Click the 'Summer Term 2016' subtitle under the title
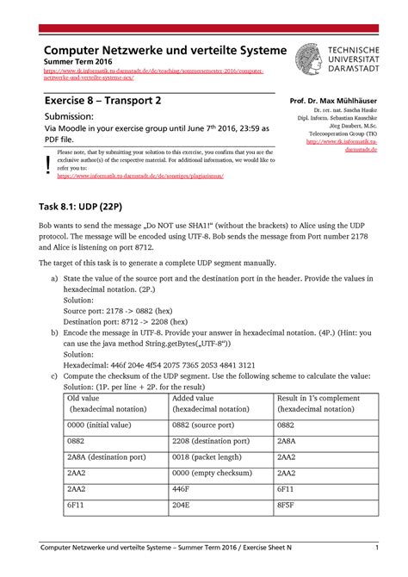pos(80,64)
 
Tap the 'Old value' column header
pos(84,397)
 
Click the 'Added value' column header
pos(194,397)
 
